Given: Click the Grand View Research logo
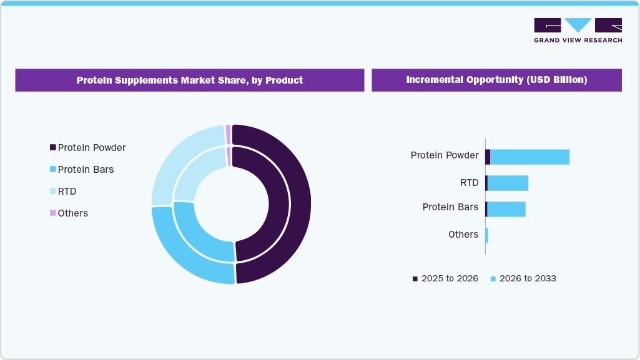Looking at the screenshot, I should [578, 30].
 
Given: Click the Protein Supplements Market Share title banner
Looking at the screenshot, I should [189, 80].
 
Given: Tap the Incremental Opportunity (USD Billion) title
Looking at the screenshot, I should [496, 80].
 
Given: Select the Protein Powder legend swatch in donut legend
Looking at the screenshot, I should [52, 148].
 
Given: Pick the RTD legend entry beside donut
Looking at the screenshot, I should [66, 192].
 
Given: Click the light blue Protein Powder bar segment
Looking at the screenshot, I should [529, 157].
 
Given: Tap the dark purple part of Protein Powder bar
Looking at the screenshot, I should [488, 157].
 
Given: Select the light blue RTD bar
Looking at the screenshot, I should [508, 183].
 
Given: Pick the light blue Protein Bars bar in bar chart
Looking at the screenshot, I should [506, 209].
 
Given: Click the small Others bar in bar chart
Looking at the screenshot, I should [486, 235].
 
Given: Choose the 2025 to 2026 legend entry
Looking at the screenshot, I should [445, 279].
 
